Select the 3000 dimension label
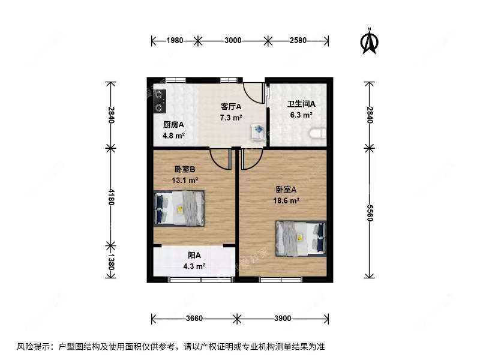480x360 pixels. coord(233,41)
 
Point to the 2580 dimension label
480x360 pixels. coord(298,41)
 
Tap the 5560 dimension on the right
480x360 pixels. coord(368,212)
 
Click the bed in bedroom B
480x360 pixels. coord(179,208)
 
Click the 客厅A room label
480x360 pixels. coord(231,107)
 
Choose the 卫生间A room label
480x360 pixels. coord(301,103)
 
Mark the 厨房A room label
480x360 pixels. coord(173,125)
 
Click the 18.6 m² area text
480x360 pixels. coord(286,202)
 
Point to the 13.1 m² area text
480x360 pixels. coord(185,179)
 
